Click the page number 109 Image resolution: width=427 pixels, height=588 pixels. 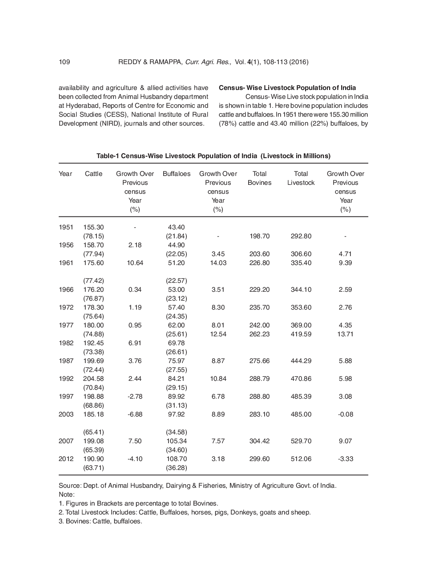64,62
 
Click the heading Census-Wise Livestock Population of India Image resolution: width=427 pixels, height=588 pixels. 287,88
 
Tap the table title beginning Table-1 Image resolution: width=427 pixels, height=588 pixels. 213,156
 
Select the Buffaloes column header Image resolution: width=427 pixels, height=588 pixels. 177,174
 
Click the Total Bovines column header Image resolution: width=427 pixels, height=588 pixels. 259,178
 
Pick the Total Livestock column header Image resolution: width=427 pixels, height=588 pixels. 301,178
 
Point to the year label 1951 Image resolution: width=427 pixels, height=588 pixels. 66,227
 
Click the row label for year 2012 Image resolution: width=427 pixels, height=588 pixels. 66,459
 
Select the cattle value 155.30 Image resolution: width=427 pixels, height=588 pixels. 93,227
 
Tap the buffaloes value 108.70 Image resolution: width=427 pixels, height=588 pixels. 177,459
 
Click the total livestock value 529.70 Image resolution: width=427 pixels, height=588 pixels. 301,441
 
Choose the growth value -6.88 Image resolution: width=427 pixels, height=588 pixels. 135,414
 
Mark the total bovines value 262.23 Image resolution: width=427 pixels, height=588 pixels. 259,334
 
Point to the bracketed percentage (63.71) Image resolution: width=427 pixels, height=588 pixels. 93,468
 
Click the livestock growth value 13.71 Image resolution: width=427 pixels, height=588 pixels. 345,334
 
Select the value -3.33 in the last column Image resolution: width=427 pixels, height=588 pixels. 345,459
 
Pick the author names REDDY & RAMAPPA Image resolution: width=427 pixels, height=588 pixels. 150,62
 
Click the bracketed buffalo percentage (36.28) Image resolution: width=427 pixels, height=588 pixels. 177,468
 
